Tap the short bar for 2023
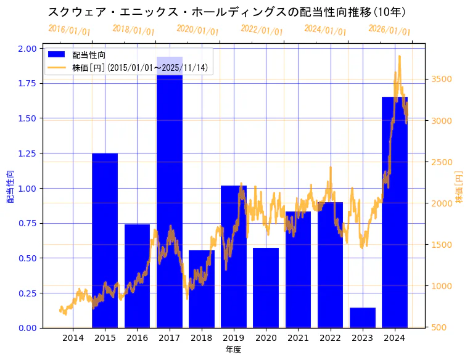click(x=362, y=317)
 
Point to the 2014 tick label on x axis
click(x=73, y=337)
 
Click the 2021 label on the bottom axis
click(x=298, y=337)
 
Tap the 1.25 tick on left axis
click(x=27, y=153)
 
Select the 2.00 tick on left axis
click(x=27, y=48)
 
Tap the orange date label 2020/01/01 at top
click(x=197, y=30)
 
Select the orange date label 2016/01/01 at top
click(x=69, y=30)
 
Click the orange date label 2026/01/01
click(x=389, y=30)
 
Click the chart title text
click(x=226, y=12)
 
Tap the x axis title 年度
click(x=233, y=350)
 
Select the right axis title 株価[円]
click(x=459, y=187)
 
